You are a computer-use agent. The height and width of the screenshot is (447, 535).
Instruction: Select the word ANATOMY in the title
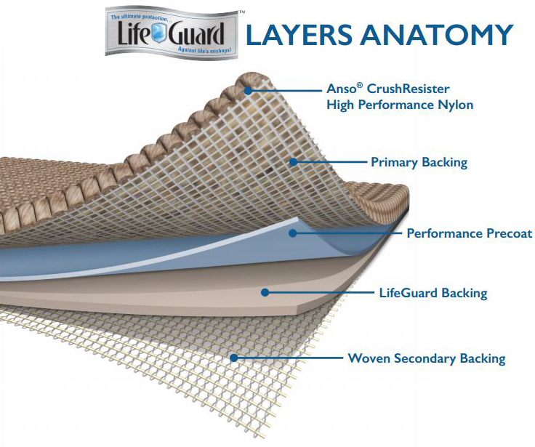click(443, 35)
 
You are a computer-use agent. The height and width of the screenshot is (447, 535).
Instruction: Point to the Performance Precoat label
click(469, 233)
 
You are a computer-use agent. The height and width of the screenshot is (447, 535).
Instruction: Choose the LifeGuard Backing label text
click(433, 294)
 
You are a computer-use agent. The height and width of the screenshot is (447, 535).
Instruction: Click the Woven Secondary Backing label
click(427, 358)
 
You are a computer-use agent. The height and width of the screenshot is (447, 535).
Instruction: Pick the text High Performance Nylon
click(400, 105)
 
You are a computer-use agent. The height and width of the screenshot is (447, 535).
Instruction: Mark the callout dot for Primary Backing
click(294, 161)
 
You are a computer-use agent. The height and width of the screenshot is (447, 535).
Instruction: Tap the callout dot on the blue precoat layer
click(291, 233)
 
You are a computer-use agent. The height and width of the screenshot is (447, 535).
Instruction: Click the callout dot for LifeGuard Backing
click(266, 292)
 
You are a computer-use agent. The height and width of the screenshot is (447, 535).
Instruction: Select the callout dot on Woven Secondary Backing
click(233, 357)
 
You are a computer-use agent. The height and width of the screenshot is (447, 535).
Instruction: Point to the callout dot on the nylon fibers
click(249, 91)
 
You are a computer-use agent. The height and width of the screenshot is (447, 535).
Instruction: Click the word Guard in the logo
click(209, 33)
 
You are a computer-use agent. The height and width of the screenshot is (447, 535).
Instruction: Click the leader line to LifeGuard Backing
click(320, 292)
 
